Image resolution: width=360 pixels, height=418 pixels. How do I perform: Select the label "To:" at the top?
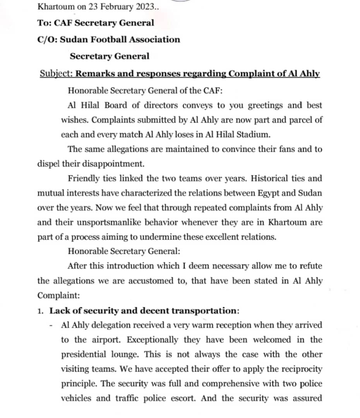tap(43, 23)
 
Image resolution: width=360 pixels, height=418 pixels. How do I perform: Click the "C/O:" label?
tap(46, 39)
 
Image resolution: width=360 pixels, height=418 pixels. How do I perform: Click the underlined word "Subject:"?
tap(57, 74)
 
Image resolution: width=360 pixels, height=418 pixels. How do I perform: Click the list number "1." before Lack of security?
tap(41, 311)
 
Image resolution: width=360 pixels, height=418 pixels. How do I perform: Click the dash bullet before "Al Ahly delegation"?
tap(51, 325)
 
